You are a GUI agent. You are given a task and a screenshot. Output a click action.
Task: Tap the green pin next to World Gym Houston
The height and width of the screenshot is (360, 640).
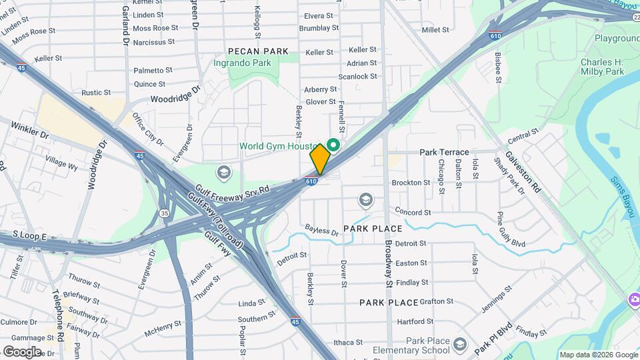(x=334, y=145)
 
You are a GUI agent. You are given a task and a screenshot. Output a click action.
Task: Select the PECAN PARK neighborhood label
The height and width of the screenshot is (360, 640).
(x=257, y=51)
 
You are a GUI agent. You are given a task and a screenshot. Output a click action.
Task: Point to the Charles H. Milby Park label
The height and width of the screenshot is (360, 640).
(x=601, y=67)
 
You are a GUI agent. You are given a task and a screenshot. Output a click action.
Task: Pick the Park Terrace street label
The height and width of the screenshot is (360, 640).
(x=444, y=153)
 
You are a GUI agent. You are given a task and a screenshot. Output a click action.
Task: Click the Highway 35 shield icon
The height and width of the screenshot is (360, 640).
(x=164, y=213)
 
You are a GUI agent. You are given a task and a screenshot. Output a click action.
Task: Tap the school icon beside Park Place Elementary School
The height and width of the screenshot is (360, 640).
(x=459, y=345)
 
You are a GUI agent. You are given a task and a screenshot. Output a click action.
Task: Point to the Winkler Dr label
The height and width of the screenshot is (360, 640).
(x=30, y=130)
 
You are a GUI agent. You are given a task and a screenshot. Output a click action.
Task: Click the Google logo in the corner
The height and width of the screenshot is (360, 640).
(x=22, y=351)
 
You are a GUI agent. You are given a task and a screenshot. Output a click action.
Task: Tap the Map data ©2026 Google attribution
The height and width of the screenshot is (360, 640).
(x=598, y=355)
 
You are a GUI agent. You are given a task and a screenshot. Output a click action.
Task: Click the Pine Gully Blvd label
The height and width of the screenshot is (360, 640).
(x=511, y=229)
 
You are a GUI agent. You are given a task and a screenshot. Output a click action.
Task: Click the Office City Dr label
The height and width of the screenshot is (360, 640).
(x=147, y=129)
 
